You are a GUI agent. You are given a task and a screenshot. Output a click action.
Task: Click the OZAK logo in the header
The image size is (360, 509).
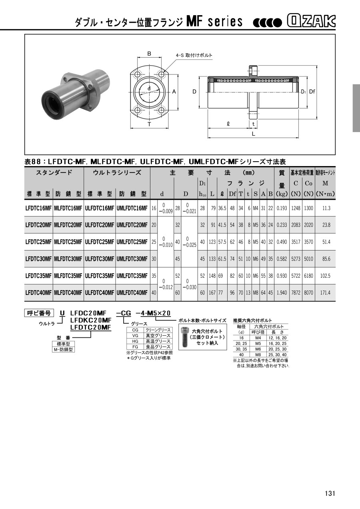coord(311,21)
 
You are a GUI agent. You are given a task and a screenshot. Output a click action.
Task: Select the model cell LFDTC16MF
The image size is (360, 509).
coord(38,208)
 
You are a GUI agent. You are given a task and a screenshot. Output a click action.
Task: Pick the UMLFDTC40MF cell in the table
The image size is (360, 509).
coord(132,293)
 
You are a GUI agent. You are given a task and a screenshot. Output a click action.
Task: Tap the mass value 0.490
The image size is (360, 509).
coord(282,242)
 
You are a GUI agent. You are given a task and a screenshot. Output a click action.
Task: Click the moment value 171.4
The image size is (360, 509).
coord(325,293)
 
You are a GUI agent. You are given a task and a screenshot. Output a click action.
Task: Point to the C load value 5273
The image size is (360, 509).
coord(296,259)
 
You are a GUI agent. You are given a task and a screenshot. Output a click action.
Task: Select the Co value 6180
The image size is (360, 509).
coord(308,276)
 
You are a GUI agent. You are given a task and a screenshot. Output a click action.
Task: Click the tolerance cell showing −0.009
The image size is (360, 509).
coord(166,211)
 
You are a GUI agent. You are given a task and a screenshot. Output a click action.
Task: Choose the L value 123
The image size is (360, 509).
coord(212,242)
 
